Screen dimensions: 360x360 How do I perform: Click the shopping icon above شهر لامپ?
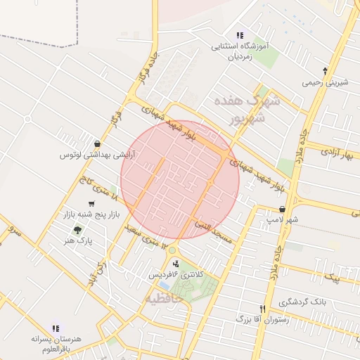click(x=282, y=209)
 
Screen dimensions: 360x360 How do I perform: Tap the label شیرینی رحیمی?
click(x=325, y=82)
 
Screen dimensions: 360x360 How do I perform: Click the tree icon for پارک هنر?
click(x=76, y=229)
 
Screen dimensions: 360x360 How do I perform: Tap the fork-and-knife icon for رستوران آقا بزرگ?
click(x=262, y=309)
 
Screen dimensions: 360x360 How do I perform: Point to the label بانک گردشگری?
click(x=302, y=302)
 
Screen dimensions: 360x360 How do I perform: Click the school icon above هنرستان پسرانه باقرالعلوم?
click(x=56, y=328)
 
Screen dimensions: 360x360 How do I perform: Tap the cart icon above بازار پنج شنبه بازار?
click(x=91, y=204)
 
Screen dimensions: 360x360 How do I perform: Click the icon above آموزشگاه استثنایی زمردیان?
click(x=240, y=35)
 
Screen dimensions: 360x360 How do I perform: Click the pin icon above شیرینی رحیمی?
click(x=324, y=71)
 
